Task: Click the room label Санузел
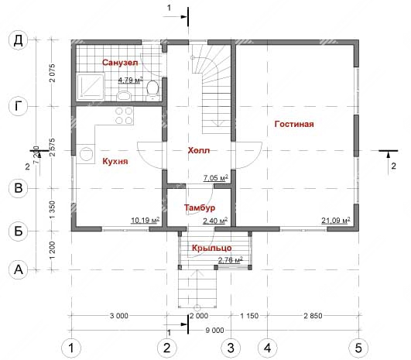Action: tap(120, 63)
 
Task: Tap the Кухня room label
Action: tap(115, 161)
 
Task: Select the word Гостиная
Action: tap(294, 124)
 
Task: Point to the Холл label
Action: tap(199, 150)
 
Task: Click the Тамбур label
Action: tap(200, 207)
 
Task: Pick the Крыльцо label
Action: tap(212, 248)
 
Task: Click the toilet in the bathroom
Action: tap(152, 90)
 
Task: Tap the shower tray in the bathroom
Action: tap(90, 87)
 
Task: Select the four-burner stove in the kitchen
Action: tap(124, 115)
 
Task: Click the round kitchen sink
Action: tap(85, 154)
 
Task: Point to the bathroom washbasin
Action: tap(124, 95)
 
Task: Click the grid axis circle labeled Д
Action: tap(18, 40)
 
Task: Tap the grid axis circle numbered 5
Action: tap(358, 348)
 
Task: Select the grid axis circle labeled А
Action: tap(18, 269)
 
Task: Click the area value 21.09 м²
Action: tap(336, 221)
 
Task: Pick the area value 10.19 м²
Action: tap(146, 221)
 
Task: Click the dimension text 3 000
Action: tap(119, 316)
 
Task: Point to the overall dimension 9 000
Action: tap(214, 331)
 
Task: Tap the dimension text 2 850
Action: tap(313, 316)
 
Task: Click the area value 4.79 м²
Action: tap(131, 81)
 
